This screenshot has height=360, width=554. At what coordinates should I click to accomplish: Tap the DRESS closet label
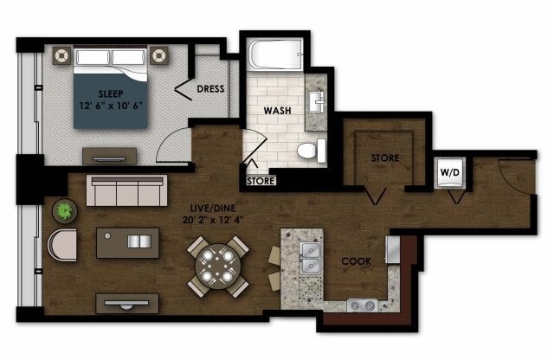tap(211, 89)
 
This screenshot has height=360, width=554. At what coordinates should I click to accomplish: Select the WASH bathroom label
tap(276, 112)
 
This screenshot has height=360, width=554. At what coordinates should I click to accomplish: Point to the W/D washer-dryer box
tap(449, 170)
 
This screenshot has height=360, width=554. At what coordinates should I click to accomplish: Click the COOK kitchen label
tap(357, 260)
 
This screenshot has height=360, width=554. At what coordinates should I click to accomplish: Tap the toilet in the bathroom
tap(307, 151)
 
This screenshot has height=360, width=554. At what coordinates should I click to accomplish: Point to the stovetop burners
tap(362, 305)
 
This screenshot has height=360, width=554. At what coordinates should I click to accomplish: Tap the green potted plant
tap(63, 209)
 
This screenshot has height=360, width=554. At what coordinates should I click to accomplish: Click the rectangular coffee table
tap(128, 242)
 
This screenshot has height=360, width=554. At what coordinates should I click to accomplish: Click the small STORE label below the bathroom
tap(261, 182)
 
